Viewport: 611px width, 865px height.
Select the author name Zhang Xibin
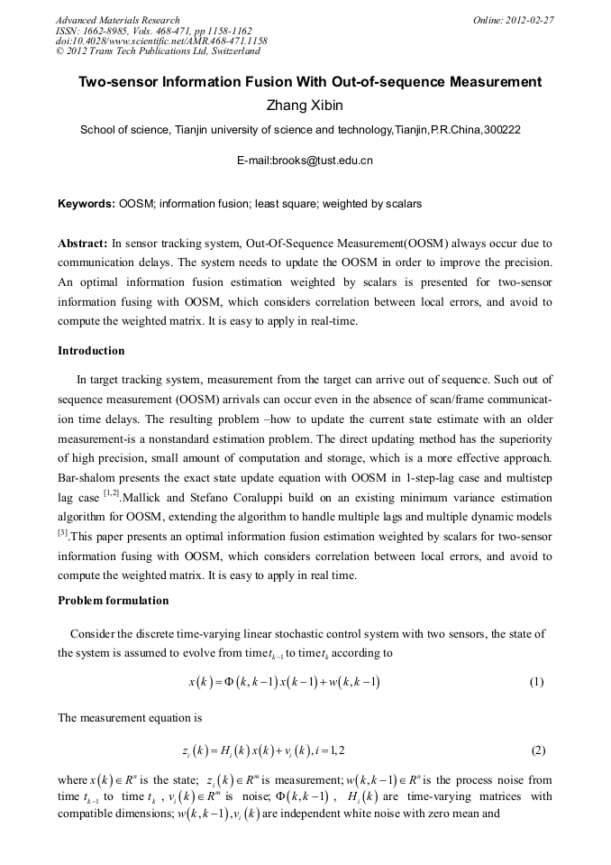(305, 106)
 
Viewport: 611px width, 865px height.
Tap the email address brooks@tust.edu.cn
(305, 161)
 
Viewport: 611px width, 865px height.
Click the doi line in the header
(161, 41)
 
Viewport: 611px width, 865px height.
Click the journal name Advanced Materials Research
(117, 20)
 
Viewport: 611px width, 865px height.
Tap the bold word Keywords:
(87, 204)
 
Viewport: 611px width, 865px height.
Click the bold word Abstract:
(83, 244)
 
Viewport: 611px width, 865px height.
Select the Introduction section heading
(91, 350)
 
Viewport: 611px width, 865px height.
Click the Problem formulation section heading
(113, 601)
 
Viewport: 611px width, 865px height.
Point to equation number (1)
(536, 682)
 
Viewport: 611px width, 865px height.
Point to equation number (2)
(538, 750)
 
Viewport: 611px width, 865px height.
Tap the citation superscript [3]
(63, 532)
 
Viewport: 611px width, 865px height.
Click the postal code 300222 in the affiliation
(502, 130)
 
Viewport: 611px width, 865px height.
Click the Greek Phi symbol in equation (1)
(241, 682)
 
